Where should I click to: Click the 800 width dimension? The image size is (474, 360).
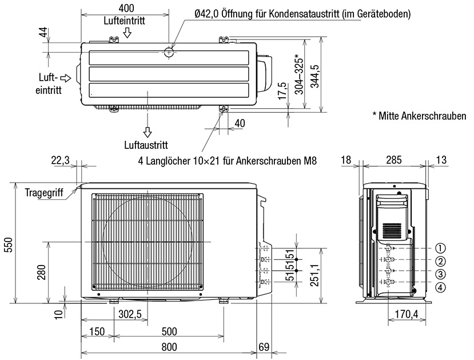coord(169,347)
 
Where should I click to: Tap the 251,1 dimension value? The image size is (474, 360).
coord(313,274)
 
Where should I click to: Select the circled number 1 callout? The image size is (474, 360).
coord(440,248)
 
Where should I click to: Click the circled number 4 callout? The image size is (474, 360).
coord(440,287)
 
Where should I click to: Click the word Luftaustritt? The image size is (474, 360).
coord(146,145)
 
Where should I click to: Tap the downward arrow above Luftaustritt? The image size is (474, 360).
coord(148,132)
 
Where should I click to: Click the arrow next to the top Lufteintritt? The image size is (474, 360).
coord(128,33)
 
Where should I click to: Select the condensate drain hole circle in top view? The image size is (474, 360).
coord(169,52)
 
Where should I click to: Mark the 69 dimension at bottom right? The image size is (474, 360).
coord(264,347)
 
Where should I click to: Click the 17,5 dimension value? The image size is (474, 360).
coord(281,92)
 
